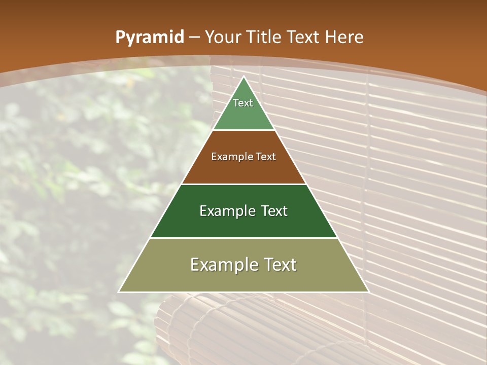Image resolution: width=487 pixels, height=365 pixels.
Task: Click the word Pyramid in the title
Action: pos(149,38)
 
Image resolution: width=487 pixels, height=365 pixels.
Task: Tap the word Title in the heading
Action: pos(263,37)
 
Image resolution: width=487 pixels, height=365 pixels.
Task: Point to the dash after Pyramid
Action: pos(194,38)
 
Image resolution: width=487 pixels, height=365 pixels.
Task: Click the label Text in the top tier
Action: pos(243,103)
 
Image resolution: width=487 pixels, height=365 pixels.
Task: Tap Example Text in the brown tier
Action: pos(243,157)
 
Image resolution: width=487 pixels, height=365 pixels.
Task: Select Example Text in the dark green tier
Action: pos(243,211)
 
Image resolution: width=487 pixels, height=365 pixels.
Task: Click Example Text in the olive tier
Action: pos(243,265)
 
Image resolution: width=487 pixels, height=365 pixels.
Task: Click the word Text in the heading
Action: pos(305,37)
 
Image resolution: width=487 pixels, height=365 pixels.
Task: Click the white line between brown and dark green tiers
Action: pos(243,184)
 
